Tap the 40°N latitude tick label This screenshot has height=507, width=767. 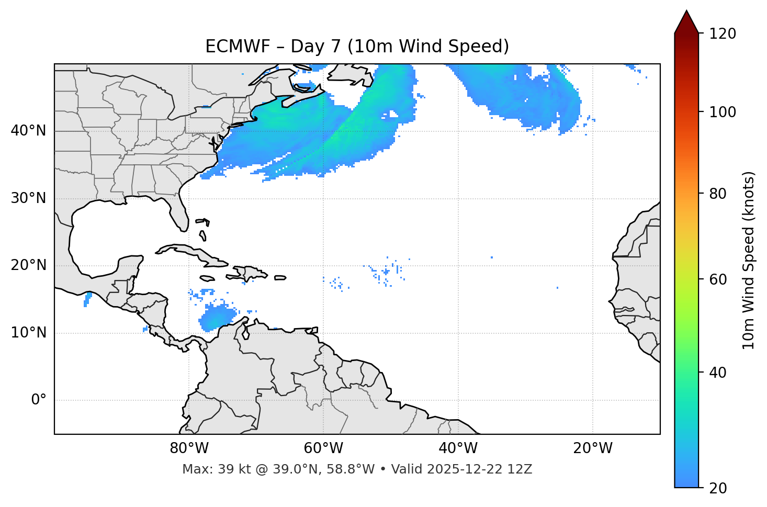(28, 131)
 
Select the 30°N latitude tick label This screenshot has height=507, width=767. (28, 198)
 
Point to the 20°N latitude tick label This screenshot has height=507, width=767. (28, 265)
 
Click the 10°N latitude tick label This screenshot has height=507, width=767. (28, 333)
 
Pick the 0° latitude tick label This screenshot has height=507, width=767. (39, 400)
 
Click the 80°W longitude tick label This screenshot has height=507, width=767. (189, 448)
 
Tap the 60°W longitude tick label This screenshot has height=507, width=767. (323, 448)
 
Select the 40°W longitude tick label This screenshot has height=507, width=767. (458, 448)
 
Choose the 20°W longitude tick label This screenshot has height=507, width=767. (593, 448)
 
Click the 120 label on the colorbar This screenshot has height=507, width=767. (723, 34)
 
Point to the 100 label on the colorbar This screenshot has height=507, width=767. (723, 112)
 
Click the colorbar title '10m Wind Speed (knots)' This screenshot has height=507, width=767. (749, 260)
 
